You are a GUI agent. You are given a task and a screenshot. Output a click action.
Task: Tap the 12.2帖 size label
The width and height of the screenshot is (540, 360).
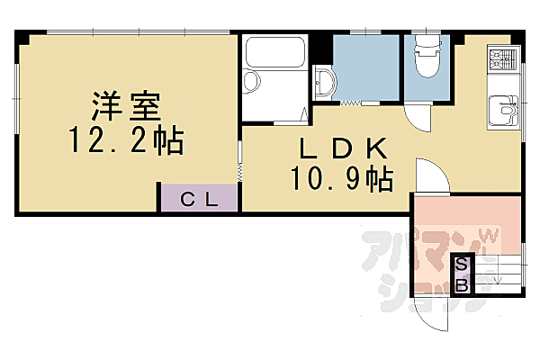(127, 141)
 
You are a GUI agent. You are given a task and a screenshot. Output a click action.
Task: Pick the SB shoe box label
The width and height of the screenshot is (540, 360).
(462, 275)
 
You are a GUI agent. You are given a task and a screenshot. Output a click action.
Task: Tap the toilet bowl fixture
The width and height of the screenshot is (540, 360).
(427, 58)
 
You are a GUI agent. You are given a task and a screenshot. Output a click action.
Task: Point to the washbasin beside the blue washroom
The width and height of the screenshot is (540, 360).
(324, 83)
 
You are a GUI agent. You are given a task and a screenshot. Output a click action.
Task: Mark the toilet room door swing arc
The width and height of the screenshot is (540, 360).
(416, 117)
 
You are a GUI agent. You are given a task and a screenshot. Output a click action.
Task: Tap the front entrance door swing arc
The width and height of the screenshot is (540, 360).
(430, 311)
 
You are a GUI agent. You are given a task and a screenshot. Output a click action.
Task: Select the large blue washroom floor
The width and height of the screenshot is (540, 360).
(365, 67)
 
